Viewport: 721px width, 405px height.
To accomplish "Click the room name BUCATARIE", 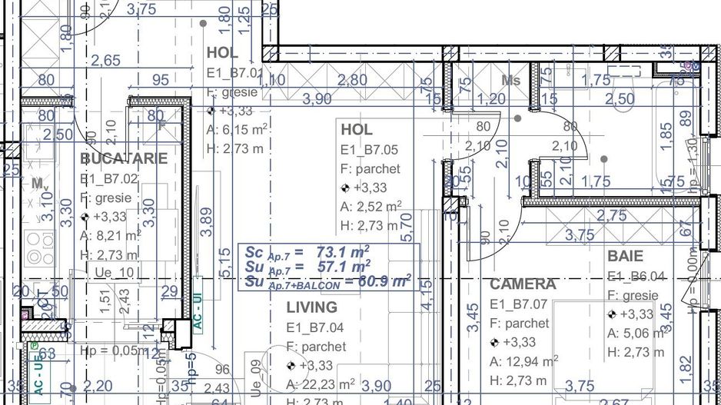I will pyautogui.click(x=124, y=159).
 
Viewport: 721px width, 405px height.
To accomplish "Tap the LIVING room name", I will pyautogui.click(x=311, y=307).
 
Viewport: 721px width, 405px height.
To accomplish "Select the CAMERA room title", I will pyautogui.click(x=523, y=284).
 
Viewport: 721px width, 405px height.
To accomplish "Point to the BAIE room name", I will pyautogui.click(x=625, y=256).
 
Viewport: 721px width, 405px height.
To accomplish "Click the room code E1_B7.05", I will pyautogui.click(x=370, y=150).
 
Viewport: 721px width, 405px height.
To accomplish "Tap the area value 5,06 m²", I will pyautogui.click(x=634, y=334).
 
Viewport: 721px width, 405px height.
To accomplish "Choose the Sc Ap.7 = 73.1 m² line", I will pyautogui.click(x=307, y=252).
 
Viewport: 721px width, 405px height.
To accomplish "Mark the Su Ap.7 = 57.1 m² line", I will pyautogui.click(x=307, y=267).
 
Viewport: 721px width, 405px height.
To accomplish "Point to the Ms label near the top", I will pyautogui.click(x=510, y=80).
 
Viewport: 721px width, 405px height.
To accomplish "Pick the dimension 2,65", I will pyautogui.click(x=105, y=61).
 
